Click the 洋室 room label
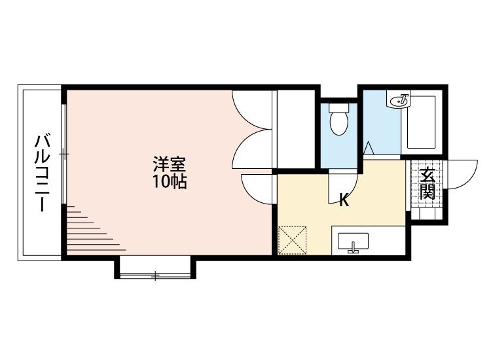(x=169, y=164)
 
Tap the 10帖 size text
(x=170, y=181)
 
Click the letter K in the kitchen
(x=344, y=200)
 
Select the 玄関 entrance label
(x=427, y=184)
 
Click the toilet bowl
(x=339, y=123)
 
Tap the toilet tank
(x=339, y=108)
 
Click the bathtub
(x=421, y=122)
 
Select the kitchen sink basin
(x=354, y=241)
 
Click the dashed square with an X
(x=292, y=240)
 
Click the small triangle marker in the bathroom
(x=369, y=148)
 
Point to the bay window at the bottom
(x=155, y=276)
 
